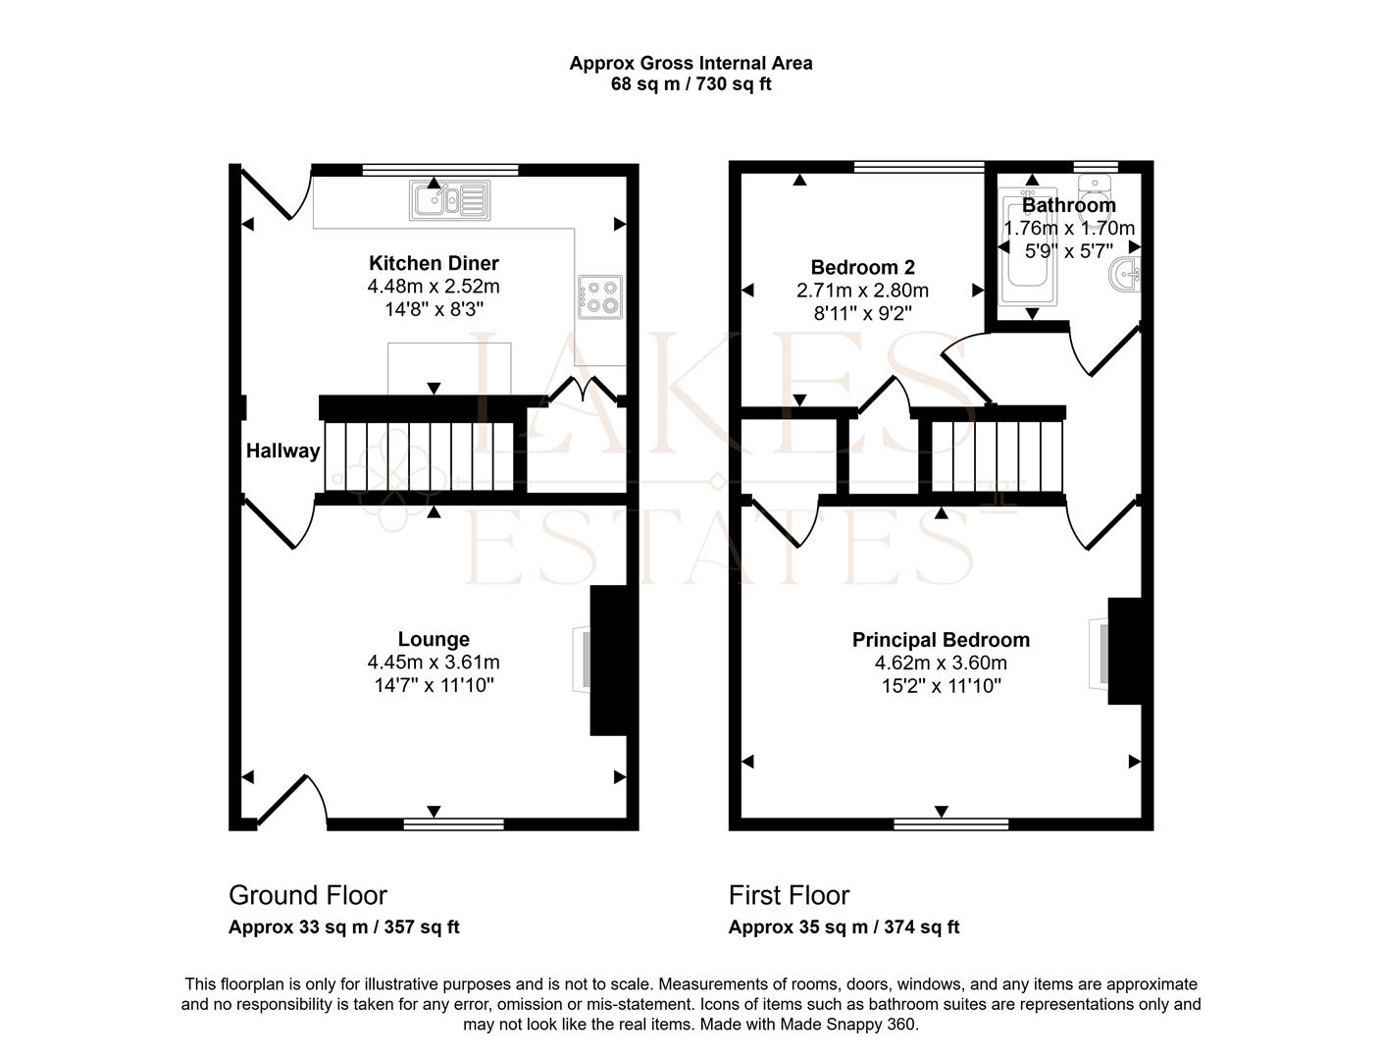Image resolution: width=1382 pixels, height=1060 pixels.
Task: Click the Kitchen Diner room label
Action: coord(434,263)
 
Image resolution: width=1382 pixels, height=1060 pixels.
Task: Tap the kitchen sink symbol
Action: coord(450,200)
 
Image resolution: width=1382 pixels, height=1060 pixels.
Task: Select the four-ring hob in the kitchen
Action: coord(600,296)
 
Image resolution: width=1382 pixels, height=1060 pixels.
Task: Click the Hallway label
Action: coord(283,451)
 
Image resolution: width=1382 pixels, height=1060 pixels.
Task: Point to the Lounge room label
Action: coord(434,639)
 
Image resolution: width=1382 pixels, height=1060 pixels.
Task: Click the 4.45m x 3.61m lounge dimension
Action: coord(434,662)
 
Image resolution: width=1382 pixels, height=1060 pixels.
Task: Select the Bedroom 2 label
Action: coord(862,267)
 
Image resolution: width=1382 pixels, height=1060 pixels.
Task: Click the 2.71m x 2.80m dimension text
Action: coord(862,291)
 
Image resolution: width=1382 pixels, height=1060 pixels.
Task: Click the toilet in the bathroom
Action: coord(1095,198)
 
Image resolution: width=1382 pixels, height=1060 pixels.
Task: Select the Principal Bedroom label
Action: coord(941,640)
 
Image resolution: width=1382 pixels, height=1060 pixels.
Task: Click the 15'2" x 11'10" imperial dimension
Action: coord(942,686)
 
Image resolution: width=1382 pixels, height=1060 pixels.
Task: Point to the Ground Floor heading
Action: coord(308,895)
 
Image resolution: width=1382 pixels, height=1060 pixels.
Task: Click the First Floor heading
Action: coord(789,895)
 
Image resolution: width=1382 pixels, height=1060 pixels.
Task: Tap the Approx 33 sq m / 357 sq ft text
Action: coord(343,927)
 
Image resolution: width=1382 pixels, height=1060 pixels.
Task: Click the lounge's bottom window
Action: coord(453,824)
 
